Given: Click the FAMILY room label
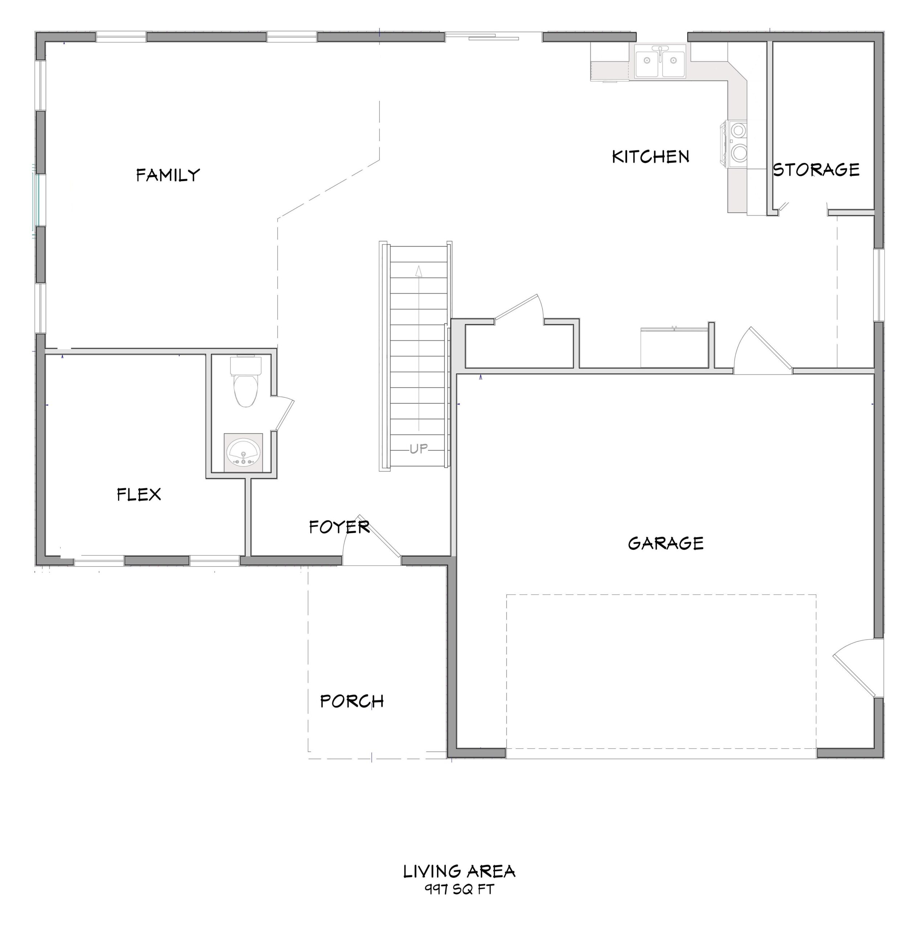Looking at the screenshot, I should (x=168, y=175).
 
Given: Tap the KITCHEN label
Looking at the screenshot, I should (x=650, y=157).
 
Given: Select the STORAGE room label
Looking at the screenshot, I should (x=816, y=170).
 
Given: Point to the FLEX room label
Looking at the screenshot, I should (x=139, y=494).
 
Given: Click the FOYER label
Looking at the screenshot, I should (x=339, y=527).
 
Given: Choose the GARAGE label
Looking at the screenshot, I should (x=666, y=543).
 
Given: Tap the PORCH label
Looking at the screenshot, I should (x=352, y=701).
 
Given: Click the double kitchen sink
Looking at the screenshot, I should (x=660, y=62).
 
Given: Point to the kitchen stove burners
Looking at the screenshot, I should (x=738, y=142).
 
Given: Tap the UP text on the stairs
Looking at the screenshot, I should (x=418, y=449).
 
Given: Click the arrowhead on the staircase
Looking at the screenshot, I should (x=418, y=272).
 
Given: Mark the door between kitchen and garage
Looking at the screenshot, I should (x=765, y=350).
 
